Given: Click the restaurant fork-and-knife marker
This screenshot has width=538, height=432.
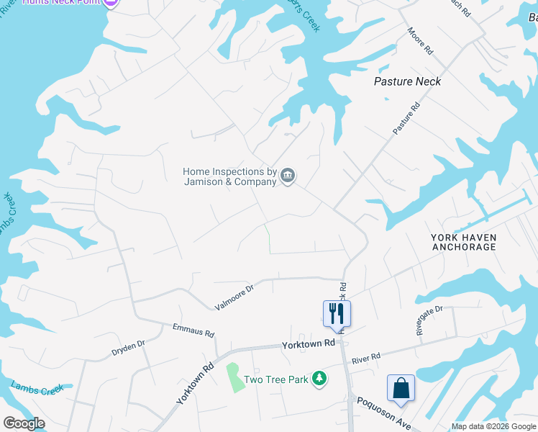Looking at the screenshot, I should pos(336,312).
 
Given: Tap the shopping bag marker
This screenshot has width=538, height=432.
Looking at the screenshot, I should pos(401,388).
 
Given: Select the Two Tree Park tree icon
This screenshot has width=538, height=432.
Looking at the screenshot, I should pos(319,379).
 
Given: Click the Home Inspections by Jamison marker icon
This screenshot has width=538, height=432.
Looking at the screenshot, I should pos(288,176).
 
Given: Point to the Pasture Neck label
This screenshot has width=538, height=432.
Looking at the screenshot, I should pos(407,81).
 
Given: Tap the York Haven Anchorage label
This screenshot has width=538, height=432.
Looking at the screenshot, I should pos(464,242).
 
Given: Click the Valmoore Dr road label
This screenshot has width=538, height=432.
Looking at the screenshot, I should pos(234,297).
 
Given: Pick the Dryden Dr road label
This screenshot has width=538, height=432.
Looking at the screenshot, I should pos(128,348).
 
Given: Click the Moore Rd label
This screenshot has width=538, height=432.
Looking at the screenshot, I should pos(419,42).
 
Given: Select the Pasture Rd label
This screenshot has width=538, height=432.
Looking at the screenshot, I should pos(406,117).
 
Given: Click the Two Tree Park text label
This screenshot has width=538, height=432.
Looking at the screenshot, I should pos(275,379).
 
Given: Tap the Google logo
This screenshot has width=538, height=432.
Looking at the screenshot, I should pos(24,423).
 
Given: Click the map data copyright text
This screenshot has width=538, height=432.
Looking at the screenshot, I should pos(493,426).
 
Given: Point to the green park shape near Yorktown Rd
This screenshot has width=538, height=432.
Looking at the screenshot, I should pos(235,377).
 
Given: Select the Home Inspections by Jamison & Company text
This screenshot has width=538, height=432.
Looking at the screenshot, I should pos(229,176).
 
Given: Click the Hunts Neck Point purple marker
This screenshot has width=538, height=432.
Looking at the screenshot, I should pos(111,3).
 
